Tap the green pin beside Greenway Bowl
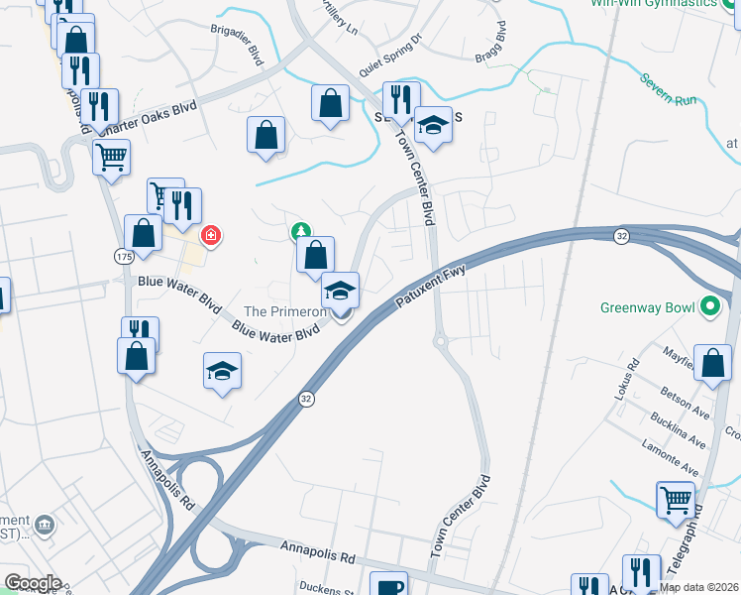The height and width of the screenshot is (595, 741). coord(709,306)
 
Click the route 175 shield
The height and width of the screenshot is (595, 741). coord(123,256)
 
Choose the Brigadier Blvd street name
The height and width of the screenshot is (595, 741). coord(237,45)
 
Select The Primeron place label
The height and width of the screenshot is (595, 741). coord(285,311)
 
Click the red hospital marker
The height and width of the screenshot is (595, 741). coord(210,235)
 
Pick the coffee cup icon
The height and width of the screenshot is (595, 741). coord(388,584)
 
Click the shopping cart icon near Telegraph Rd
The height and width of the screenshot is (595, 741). coord(676,499)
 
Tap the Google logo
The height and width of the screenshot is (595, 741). coord(32,583)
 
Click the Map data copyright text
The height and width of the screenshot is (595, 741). coord(699,587)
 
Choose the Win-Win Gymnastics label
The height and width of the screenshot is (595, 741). coord(667,3)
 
